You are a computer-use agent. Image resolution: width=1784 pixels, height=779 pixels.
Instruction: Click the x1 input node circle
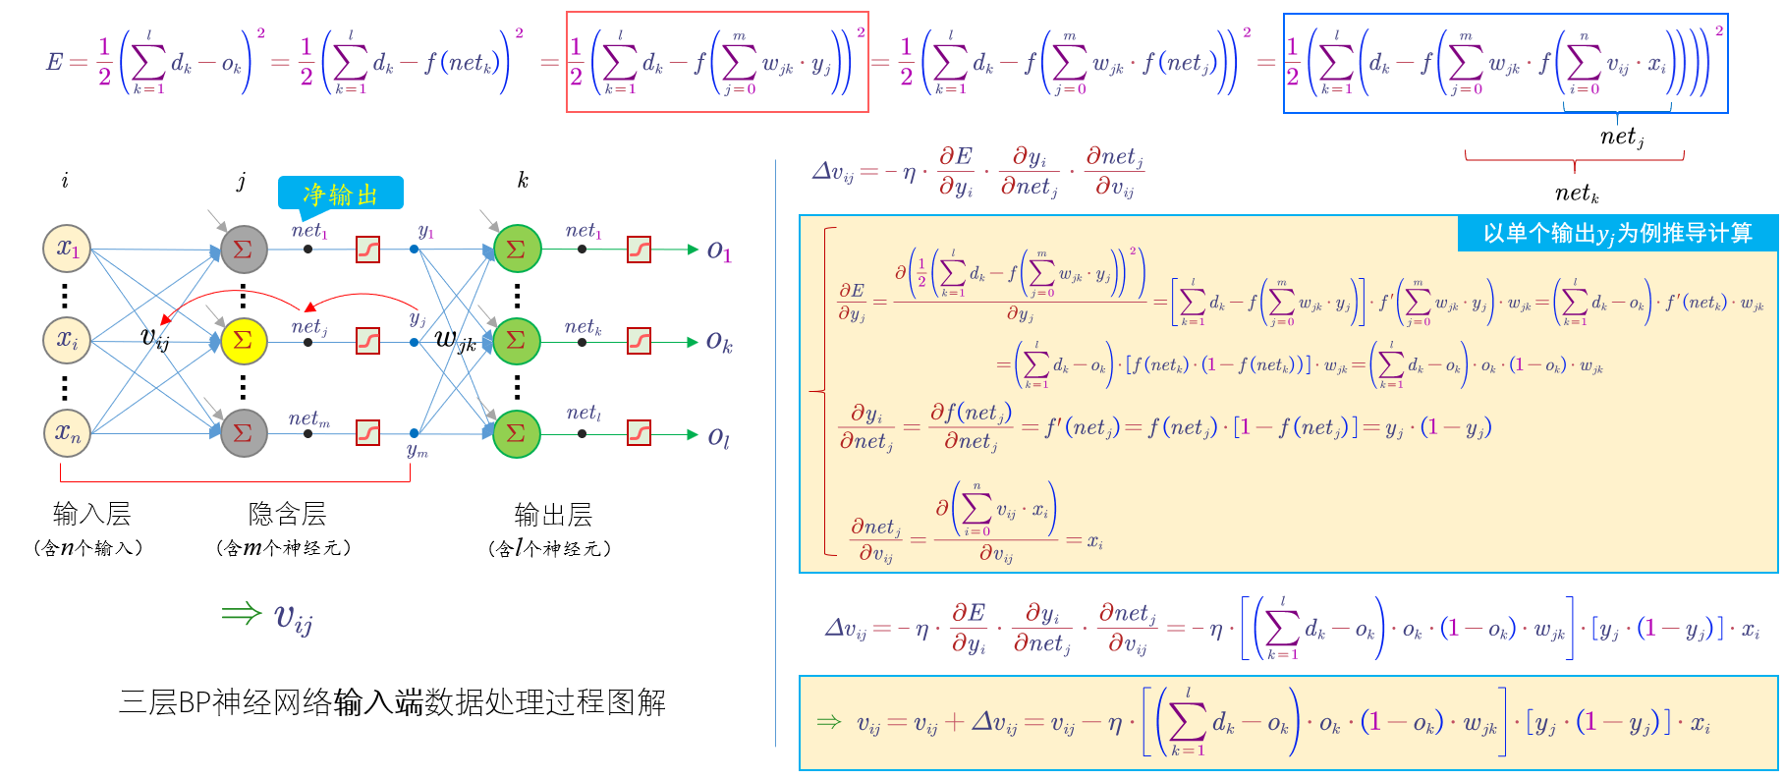point(67,249)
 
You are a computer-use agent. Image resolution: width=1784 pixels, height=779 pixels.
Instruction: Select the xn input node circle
point(67,432)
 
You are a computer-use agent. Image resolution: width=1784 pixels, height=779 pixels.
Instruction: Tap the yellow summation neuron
point(244,341)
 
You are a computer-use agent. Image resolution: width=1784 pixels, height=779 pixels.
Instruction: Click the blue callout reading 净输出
point(341,194)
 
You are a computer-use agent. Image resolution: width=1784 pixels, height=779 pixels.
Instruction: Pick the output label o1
point(719,251)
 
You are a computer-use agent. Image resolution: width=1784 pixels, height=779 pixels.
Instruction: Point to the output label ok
point(719,343)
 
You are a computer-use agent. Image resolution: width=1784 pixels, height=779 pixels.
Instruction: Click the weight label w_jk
point(455,341)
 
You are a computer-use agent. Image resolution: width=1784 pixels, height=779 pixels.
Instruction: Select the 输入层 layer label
point(91,513)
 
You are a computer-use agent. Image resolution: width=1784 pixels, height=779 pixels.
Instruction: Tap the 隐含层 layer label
point(287,513)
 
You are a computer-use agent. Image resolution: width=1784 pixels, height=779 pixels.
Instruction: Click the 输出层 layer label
point(553,514)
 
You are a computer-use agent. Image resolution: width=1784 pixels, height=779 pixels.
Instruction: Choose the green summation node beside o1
point(517,250)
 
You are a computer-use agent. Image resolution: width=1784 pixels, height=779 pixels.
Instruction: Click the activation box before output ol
point(639,433)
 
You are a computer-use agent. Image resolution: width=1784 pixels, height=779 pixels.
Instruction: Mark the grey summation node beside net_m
point(244,433)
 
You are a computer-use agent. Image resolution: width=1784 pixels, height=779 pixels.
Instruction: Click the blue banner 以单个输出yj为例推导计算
point(1617,234)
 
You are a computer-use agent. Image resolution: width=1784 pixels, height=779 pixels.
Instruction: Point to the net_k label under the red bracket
point(1577,194)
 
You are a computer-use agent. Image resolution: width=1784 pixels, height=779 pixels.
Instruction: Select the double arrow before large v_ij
point(241,614)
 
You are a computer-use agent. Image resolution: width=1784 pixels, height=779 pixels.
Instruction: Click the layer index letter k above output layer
point(523,180)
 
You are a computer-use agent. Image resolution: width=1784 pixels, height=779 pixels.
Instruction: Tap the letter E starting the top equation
point(55,62)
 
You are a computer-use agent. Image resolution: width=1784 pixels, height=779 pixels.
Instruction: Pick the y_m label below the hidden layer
point(418,451)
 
